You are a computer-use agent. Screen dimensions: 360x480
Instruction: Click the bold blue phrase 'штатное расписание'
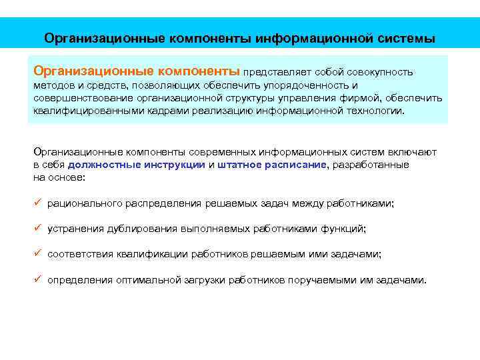tap(272, 165)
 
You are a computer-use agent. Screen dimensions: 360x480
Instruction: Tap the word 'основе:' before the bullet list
tap(69, 177)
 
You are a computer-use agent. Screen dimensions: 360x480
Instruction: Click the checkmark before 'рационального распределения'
tap(37, 203)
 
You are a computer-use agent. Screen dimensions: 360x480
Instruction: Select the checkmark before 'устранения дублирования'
tap(37, 229)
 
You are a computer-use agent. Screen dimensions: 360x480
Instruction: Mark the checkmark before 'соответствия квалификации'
tap(37, 254)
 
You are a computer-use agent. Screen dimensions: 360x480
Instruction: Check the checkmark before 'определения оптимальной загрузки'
tap(37, 280)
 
